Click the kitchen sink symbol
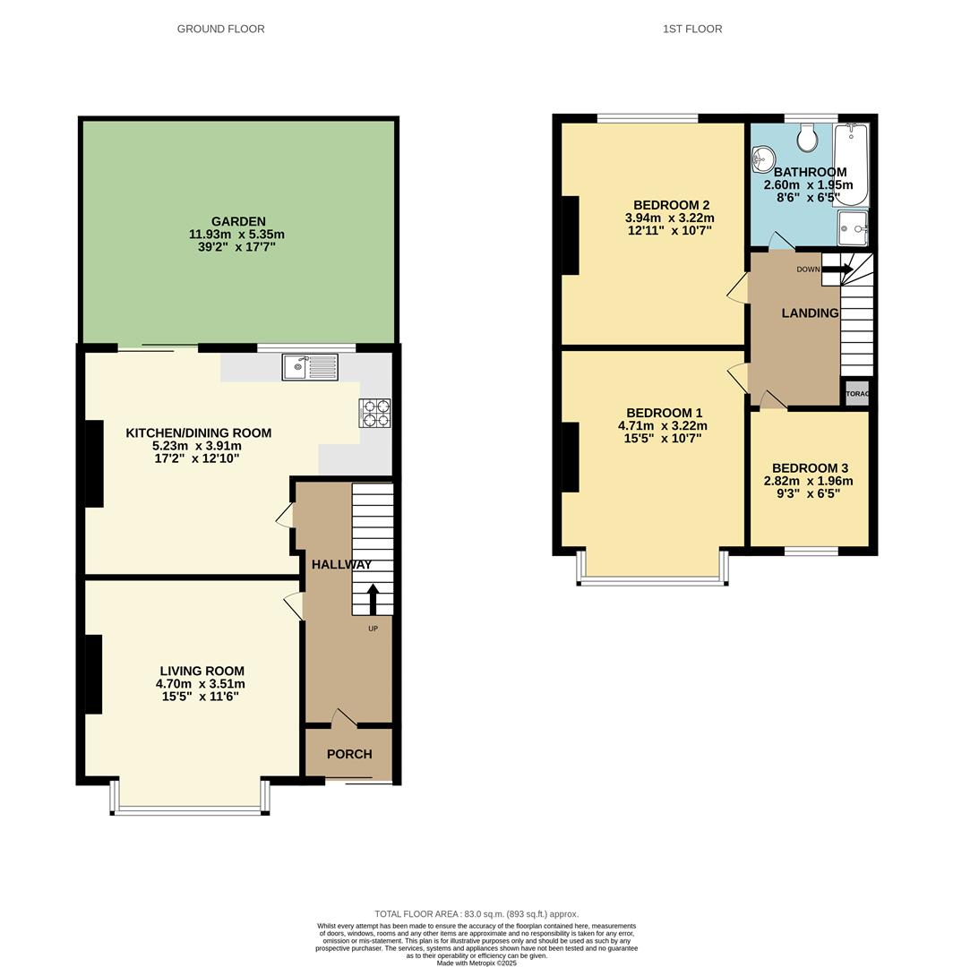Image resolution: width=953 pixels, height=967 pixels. point(309,366)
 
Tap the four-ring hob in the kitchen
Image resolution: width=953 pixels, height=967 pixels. point(374,413)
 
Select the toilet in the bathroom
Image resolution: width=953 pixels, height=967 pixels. point(808,138)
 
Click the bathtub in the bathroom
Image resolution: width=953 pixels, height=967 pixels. point(850,165)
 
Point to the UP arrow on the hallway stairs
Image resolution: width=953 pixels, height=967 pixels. point(373,598)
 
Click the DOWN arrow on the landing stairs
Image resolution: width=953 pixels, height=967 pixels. point(837,269)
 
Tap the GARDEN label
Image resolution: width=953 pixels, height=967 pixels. point(238,221)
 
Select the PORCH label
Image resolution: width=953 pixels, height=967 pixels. point(349,754)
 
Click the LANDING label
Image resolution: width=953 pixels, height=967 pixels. point(810,312)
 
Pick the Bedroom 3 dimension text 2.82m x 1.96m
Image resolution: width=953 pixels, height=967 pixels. point(809,481)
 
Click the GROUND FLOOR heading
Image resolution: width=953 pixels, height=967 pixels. point(220,29)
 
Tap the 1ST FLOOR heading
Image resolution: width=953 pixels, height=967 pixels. point(692,29)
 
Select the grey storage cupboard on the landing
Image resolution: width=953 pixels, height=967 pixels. point(857,393)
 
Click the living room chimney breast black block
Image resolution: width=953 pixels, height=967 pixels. point(93,673)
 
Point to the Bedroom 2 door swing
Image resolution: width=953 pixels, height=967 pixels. point(737,287)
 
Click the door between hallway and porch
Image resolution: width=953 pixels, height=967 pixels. point(344,717)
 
